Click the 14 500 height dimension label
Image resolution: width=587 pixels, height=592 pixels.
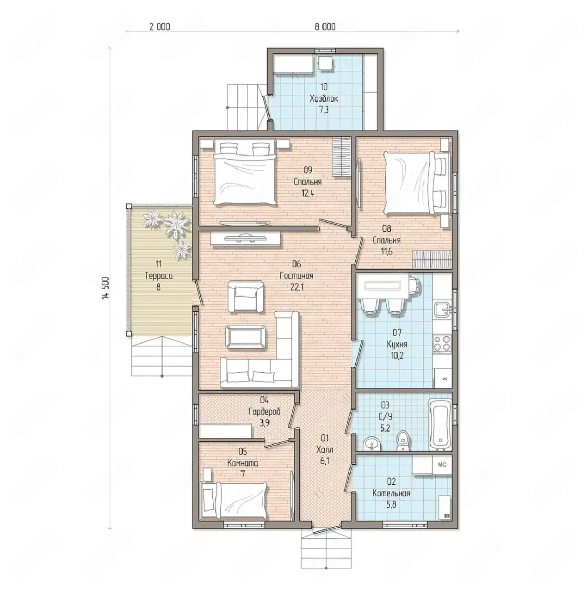(106, 288)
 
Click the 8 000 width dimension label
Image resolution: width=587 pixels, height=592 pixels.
(325, 27)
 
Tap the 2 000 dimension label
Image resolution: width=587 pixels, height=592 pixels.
(160, 27)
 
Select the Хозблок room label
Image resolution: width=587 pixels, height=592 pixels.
(324, 99)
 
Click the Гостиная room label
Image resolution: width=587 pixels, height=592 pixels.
(297, 276)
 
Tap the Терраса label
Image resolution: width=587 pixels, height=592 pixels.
(158, 276)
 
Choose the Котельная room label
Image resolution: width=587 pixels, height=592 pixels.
(391, 493)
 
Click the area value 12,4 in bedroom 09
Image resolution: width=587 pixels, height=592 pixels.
(308, 193)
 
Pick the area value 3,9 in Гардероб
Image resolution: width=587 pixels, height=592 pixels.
(264, 423)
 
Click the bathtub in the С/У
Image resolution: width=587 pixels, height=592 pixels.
(440, 425)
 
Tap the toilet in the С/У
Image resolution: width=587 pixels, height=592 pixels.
(402, 441)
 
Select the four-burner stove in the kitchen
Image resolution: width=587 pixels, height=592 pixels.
(442, 343)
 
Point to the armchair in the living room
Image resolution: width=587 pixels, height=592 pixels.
(246, 296)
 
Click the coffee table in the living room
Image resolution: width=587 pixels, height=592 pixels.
(245, 337)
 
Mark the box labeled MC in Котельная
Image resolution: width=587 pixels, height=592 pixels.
(442, 465)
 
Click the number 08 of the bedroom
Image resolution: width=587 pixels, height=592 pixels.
(387, 228)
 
